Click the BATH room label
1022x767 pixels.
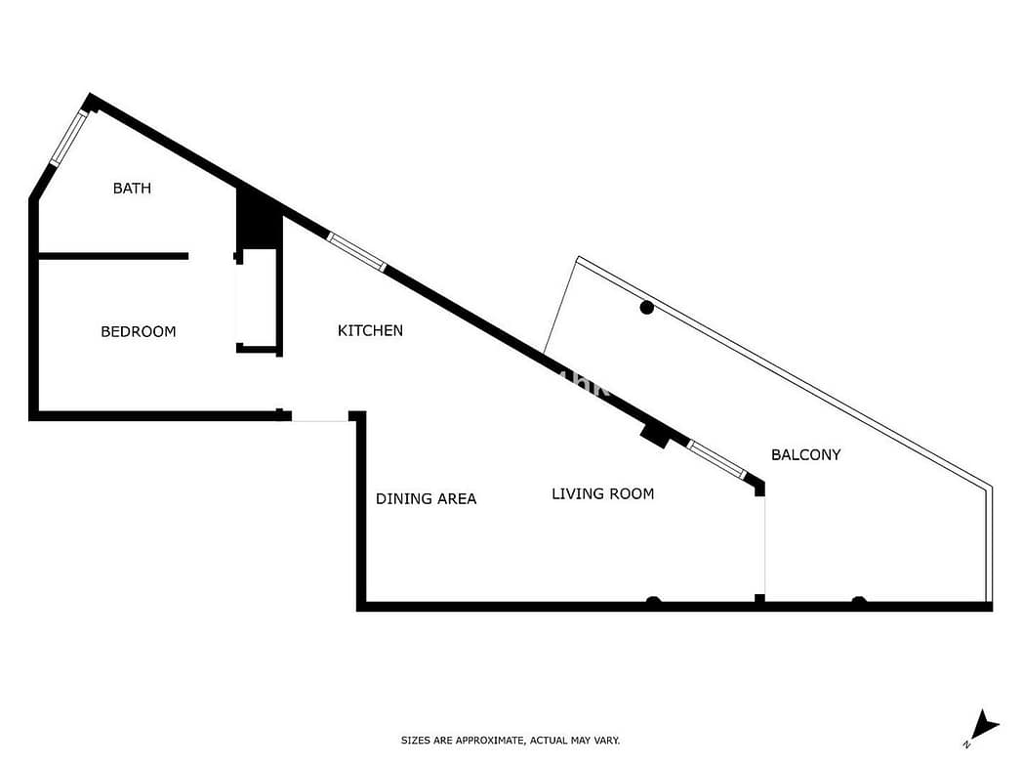point(132,189)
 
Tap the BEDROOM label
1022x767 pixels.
point(139,332)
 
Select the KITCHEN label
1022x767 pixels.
point(370,330)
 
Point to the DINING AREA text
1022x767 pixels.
point(427,499)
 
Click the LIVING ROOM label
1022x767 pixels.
point(603,493)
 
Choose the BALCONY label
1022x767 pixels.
point(805,454)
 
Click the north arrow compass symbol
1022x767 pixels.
point(982,728)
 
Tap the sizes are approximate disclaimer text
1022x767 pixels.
point(511,741)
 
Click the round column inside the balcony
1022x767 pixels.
point(646,308)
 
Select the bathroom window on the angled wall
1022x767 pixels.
point(68,138)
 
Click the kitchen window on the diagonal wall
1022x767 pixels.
point(356,252)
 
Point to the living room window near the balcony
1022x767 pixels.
point(717,460)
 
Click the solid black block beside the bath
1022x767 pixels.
point(260,217)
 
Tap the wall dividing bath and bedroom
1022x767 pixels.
point(113,256)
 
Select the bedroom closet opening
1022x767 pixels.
point(237,304)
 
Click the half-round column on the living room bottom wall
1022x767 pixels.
point(653,600)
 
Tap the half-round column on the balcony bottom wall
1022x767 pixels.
point(859,600)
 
